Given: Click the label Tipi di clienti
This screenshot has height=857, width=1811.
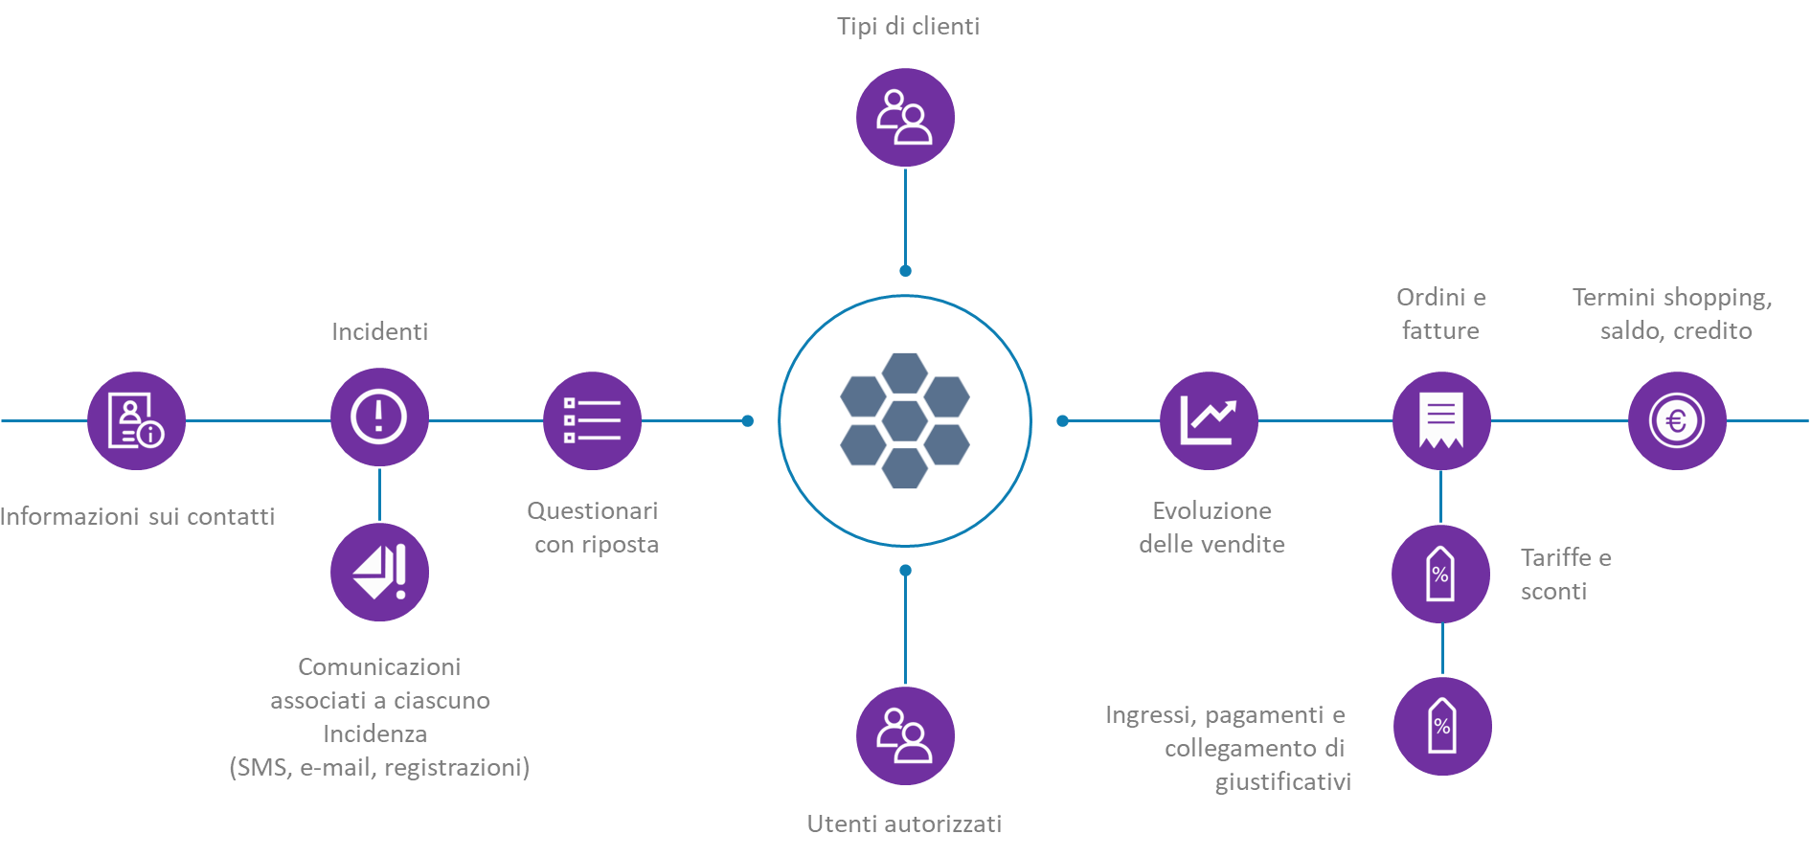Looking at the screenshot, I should click(908, 27).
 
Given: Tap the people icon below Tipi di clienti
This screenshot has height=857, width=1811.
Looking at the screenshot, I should click(905, 117).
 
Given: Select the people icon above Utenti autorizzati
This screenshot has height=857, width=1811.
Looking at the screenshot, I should click(905, 735).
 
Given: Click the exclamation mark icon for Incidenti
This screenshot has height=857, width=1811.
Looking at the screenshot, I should click(379, 417).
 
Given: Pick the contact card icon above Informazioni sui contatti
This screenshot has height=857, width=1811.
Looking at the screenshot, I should click(136, 420).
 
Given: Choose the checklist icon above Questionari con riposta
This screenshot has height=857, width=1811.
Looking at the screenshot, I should click(592, 420).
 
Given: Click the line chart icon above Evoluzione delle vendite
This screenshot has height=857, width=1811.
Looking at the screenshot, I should click(1209, 420).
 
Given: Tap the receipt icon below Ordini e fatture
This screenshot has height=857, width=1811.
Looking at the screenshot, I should click(1441, 420).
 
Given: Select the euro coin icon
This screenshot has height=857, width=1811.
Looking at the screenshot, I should click(1677, 420).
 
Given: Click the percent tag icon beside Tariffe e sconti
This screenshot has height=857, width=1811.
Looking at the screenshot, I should click(1440, 574).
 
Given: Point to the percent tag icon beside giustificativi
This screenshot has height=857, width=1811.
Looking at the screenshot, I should click(1442, 726).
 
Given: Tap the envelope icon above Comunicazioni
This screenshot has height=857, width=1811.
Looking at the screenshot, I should click(379, 573).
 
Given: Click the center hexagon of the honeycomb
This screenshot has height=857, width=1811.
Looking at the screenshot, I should click(905, 420).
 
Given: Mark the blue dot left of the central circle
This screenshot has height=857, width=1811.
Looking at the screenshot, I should click(748, 420).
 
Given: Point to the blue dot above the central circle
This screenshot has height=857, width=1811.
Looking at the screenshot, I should click(905, 271).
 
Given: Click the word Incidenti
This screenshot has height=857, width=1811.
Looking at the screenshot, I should click(379, 332).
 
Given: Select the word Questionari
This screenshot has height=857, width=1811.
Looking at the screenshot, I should click(592, 511).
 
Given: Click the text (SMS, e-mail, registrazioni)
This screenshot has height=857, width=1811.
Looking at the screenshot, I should click(379, 768).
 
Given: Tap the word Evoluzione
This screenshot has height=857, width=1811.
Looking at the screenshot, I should click(1211, 511).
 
